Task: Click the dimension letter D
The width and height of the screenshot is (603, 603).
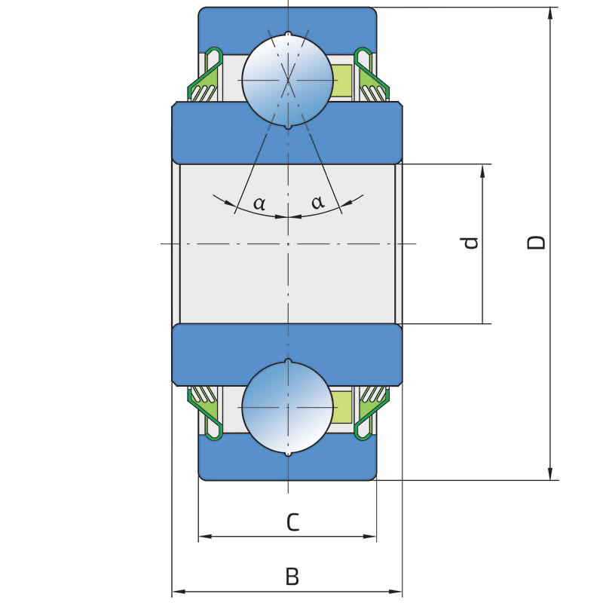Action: click(x=536, y=242)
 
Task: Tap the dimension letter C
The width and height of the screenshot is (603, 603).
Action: click(x=292, y=522)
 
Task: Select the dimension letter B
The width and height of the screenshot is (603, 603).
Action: click(x=292, y=577)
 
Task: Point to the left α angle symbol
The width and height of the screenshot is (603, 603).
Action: click(x=259, y=203)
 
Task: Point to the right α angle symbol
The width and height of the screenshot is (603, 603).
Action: click(x=318, y=201)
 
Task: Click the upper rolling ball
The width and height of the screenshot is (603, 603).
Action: click(x=288, y=80)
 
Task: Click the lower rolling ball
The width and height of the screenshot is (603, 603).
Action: click(x=288, y=407)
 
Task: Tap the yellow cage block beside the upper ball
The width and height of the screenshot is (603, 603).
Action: click(x=342, y=81)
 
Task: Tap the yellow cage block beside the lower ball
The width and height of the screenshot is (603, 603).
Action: click(x=342, y=407)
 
